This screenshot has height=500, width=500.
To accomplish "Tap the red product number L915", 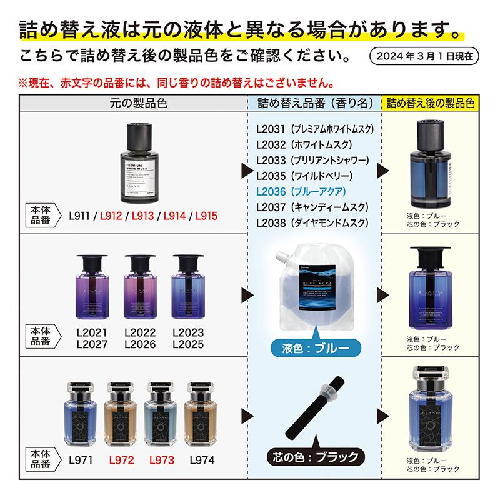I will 206,216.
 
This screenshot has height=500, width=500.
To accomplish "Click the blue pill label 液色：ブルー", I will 310,346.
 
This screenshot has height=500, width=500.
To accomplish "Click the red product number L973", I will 161,461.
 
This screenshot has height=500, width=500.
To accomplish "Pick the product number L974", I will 201,461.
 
